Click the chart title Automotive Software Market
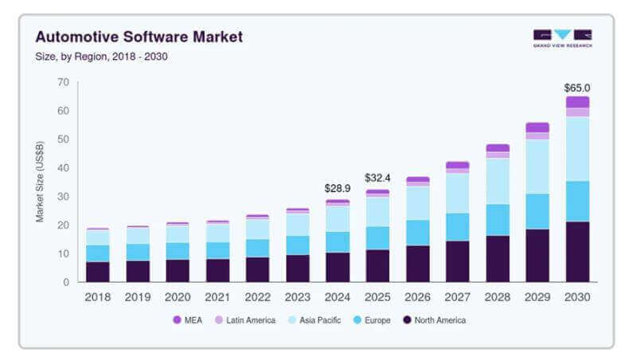139,37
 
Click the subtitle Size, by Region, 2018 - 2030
101,57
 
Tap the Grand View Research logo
562,37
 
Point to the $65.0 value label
577,88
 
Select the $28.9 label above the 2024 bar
338,188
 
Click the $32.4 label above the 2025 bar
377,178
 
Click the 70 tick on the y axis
63,82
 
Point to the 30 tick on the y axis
63,197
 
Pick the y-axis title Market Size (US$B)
40,182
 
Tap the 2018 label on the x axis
97,296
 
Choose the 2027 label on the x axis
457,296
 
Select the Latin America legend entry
243,320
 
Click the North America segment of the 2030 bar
577,252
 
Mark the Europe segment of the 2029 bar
537,211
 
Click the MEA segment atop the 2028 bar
498,148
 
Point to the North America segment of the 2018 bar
97,272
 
